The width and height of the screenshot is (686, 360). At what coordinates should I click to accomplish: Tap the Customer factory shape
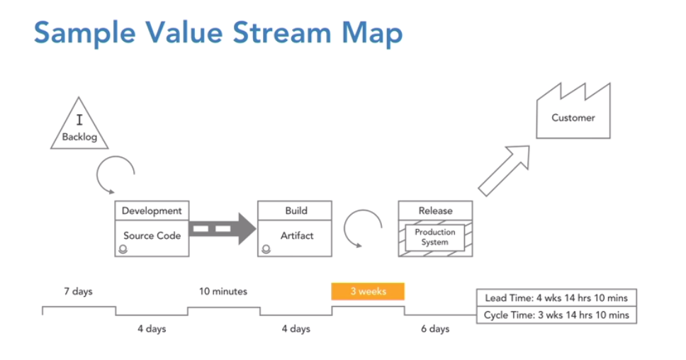573,111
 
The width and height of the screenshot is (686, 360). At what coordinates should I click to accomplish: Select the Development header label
152,211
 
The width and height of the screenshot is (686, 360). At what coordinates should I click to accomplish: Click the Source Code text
152,236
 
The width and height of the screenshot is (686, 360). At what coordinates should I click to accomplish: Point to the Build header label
296,211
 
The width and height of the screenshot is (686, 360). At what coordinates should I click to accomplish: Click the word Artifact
297,236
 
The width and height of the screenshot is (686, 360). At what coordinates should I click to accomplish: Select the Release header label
435,211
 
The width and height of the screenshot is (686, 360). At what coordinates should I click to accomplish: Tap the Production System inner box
435,237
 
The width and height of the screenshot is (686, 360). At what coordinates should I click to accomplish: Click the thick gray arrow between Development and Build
223,228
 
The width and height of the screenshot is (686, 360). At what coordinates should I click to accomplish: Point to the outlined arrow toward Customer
504,171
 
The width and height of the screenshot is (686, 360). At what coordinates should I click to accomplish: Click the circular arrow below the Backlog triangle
116,175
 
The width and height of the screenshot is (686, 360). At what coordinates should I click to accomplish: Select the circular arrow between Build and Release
363,229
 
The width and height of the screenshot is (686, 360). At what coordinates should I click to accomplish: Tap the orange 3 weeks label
368,291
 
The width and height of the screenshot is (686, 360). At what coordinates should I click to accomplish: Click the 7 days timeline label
79,291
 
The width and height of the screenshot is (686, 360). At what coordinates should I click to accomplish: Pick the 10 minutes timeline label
223,291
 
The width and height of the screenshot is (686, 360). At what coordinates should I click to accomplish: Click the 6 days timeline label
435,329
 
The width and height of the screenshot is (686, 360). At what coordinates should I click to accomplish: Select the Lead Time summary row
556,298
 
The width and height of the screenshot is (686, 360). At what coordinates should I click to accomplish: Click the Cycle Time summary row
556,315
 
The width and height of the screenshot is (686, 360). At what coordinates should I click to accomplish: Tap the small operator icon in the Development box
123,249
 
